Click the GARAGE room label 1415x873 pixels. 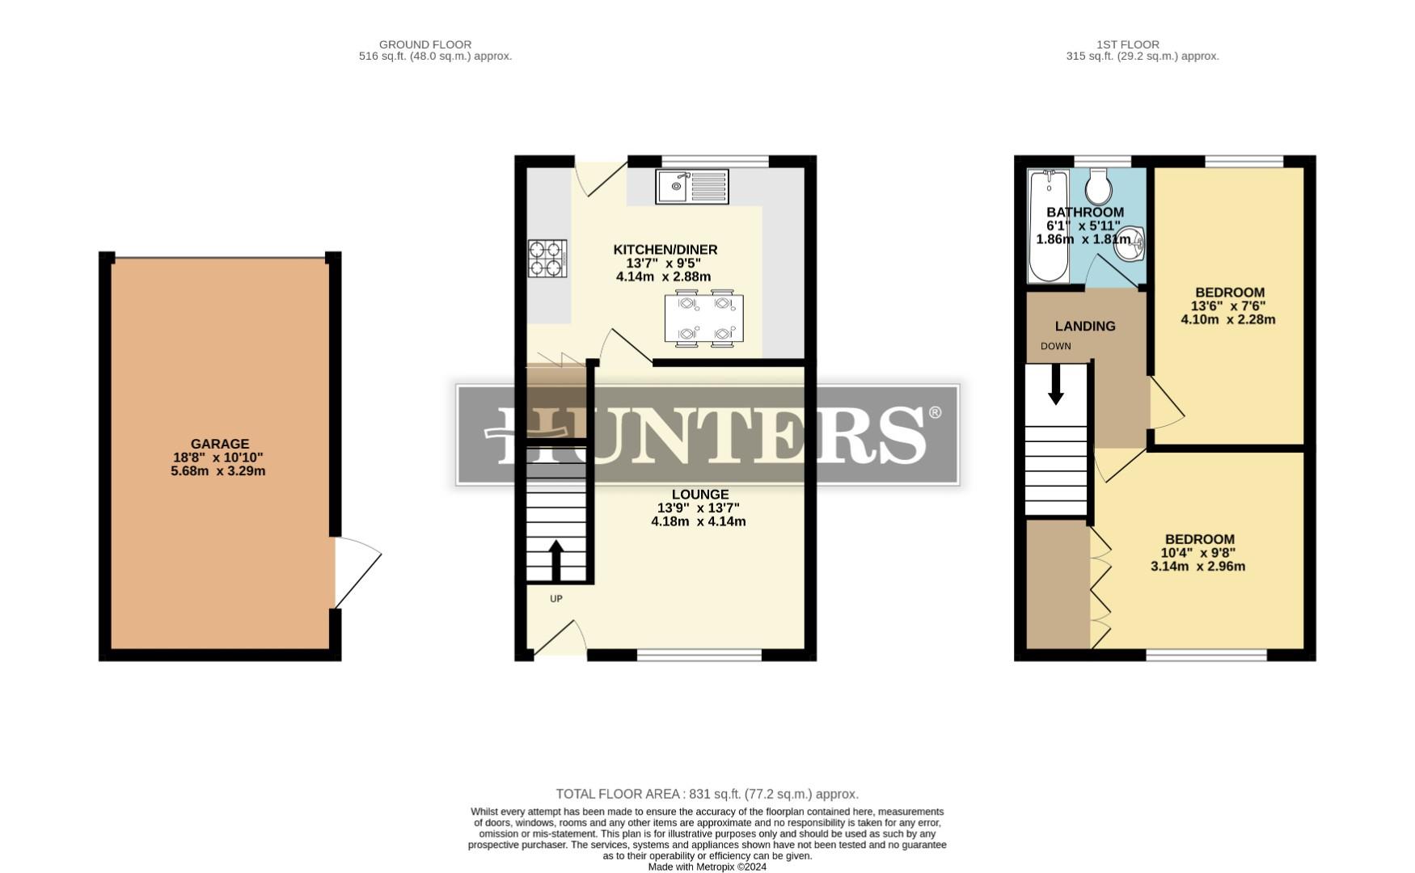219,444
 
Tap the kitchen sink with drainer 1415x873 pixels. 691,187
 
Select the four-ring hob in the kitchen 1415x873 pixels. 547,259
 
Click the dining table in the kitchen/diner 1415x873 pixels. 703,318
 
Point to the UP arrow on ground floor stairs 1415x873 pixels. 556,559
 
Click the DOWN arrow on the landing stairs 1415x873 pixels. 1055,386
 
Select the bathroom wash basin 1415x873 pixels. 1130,244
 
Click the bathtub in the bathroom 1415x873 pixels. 1048,226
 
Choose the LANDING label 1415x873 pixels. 1085,326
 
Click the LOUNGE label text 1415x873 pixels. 699,494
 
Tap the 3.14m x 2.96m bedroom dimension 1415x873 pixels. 1197,567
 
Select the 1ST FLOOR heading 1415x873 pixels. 1128,44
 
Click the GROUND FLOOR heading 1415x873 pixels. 425,44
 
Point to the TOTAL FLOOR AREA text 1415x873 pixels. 707,794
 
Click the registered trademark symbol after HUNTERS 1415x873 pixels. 935,412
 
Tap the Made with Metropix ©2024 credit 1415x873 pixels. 707,867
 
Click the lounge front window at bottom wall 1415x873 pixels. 699,654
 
